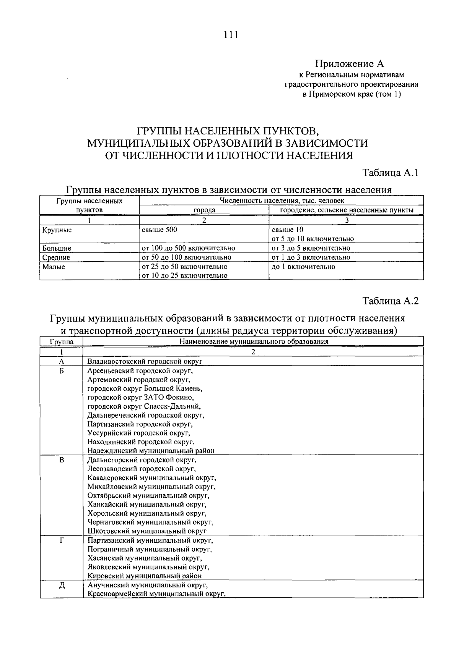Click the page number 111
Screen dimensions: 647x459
coord(231,35)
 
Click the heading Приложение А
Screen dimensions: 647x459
coord(349,63)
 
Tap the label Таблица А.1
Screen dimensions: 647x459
coord(390,173)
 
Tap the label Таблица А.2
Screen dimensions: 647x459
coord(390,301)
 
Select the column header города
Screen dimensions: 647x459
coord(204,210)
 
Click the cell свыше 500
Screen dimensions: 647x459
coord(160,230)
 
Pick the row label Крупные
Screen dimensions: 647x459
coord(57,230)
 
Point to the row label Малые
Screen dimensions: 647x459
coord(54,267)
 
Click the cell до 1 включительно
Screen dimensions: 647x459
coord(303,267)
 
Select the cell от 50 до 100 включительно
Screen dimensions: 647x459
coord(186,257)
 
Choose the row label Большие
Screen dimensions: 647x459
coord(57,248)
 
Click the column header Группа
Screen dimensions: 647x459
coord(61,342)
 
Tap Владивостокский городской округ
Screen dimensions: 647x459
coord(145,361)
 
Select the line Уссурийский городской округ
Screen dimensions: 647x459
coord(138,433)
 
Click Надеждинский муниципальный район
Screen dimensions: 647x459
coord(151,451)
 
